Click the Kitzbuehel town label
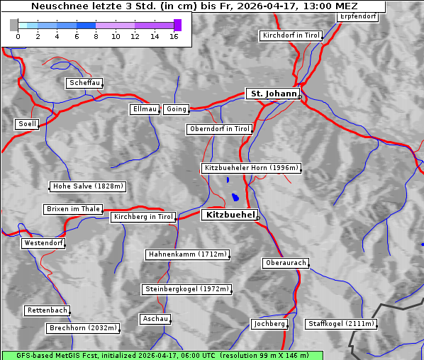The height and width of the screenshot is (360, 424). [229, 215]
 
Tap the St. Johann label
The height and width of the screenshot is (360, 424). [272, 94]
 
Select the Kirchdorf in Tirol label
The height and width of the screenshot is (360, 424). [291, 35]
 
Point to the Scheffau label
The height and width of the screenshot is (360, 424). [84, 84]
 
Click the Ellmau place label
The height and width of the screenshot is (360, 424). [145, 109]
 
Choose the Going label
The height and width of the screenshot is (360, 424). [176, 109]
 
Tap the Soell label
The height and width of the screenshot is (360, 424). [27, 124]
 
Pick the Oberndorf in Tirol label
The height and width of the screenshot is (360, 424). [219, 129]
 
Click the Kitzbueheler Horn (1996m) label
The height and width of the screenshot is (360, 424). [251, 169]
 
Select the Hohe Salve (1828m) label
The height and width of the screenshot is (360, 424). [88, 186]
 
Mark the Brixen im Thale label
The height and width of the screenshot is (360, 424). [72, 209]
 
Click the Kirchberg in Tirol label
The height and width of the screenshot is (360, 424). [143, 217]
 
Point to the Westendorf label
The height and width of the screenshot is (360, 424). [43, 243]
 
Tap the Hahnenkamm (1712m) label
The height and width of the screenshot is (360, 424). [187, 254]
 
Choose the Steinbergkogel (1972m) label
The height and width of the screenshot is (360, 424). [186, 289]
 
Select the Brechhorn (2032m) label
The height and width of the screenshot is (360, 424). [82, 328]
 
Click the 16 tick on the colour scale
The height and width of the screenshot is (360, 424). [173, 36]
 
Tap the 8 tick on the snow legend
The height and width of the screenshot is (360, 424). [96, 36]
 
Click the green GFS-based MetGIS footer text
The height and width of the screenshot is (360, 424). [162, 355]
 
